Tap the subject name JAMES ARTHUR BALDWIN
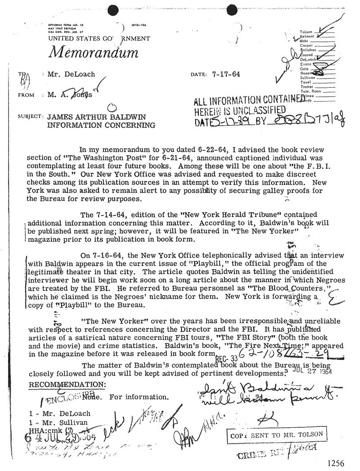(93, 117)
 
